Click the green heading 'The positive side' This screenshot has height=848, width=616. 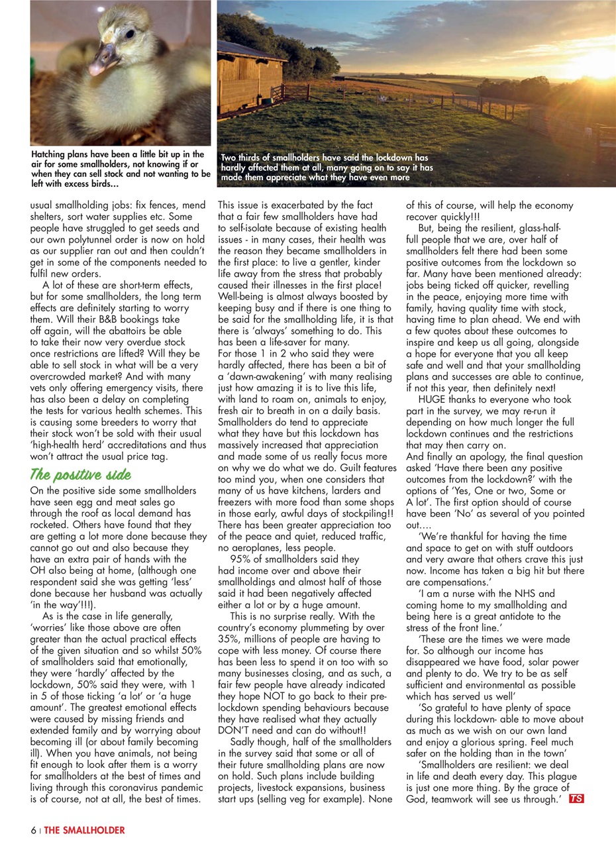[80, 475]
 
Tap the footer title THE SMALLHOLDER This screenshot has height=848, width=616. [84, 830]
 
